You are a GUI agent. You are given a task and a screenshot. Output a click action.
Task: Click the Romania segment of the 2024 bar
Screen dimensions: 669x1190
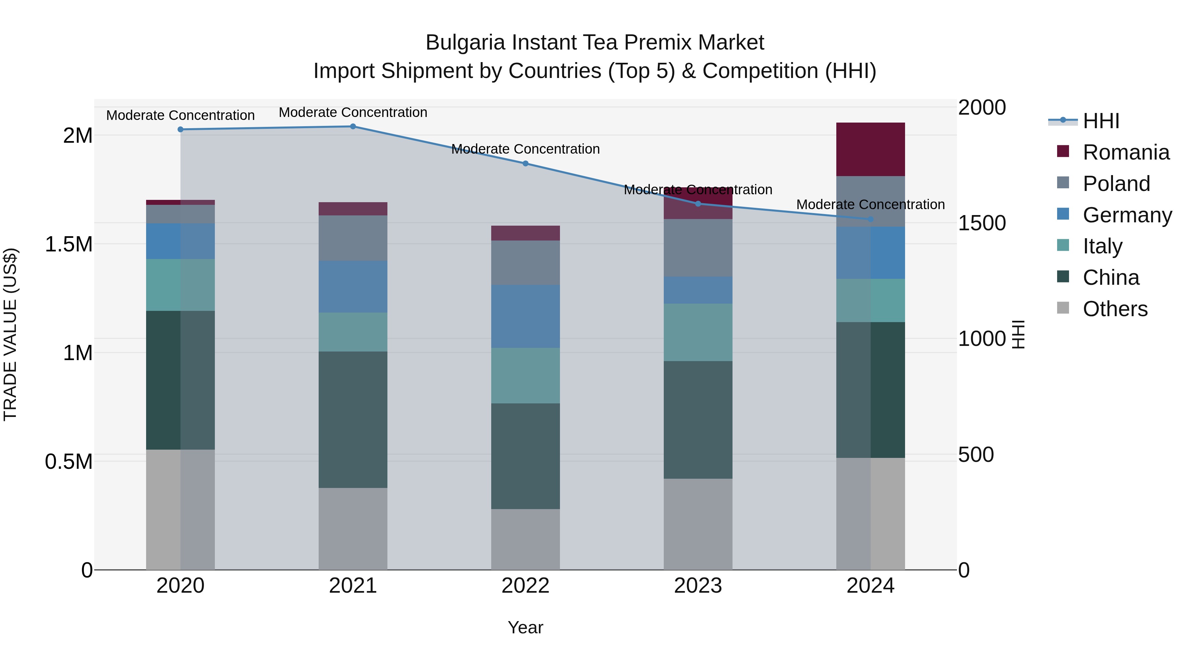coord(870,149)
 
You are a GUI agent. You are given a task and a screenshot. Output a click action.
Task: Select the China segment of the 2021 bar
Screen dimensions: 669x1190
coord(353,419)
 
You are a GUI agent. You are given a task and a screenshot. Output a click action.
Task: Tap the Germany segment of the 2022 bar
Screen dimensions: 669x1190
coord(525,316)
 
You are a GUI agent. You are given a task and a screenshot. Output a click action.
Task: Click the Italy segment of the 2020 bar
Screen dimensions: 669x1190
coord(180,284)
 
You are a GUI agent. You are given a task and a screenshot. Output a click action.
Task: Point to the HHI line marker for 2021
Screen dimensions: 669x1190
coord(353,126)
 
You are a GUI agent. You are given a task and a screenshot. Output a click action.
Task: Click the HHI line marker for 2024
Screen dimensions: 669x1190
coord(870,219)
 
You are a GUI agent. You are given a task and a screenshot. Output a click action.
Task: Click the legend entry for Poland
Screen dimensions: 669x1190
coord(1116,184)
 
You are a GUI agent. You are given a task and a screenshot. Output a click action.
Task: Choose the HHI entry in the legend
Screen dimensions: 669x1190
coord(1100,121)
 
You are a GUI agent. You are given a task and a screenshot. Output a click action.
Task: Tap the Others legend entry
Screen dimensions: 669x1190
coord(1115,309)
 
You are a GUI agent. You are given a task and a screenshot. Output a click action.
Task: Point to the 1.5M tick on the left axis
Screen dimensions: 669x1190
coord(69,244)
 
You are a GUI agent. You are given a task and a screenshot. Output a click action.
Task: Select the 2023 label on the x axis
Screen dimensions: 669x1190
coord(697,585)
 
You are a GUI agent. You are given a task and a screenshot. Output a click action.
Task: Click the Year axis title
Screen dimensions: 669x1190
coord(525,627)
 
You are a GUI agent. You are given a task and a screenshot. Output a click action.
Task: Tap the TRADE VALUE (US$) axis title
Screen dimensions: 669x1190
coord(10,334)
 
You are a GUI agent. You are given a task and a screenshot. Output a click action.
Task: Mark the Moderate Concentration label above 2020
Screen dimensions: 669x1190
coord(180,115)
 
